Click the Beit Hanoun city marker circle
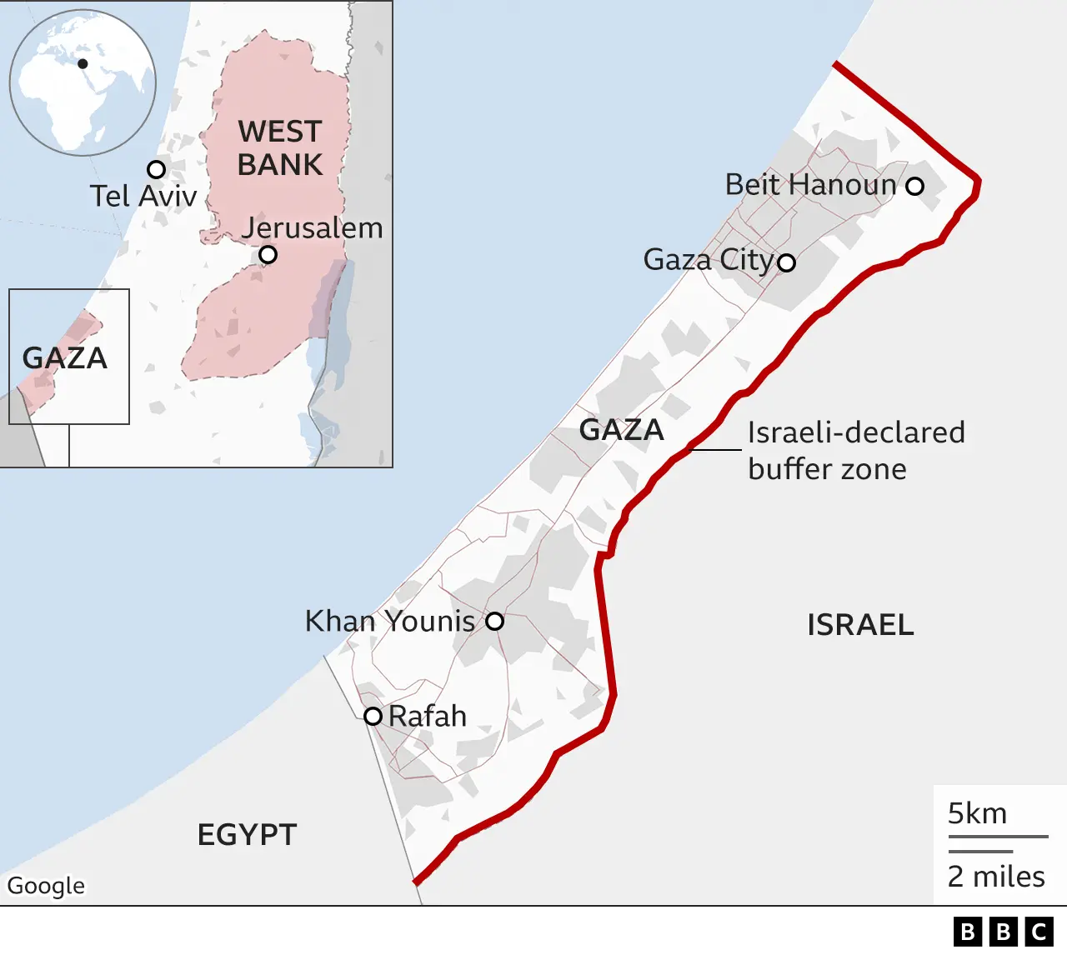coord(914,186)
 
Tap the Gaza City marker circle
coord(786,262)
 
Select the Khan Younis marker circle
coord(494,621)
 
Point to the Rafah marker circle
coord(373,716)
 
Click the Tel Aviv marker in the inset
coord(156,169)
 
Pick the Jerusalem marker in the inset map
coord(268,254)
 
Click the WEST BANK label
coord(280,148)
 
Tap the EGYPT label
coord(247,834)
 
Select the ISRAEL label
coord(860,624)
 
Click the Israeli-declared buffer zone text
coord(856,451)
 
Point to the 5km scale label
coord(977,813)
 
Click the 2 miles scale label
coord(996,877)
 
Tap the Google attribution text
coord(47,885)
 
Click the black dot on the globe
coord(83,63)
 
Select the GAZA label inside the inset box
coord(65,358)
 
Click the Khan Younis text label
coord(390,621)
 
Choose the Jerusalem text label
coord(313,227)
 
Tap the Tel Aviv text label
coord(143,196)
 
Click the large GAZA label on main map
coord(622,430)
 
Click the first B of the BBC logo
coord(967,931)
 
